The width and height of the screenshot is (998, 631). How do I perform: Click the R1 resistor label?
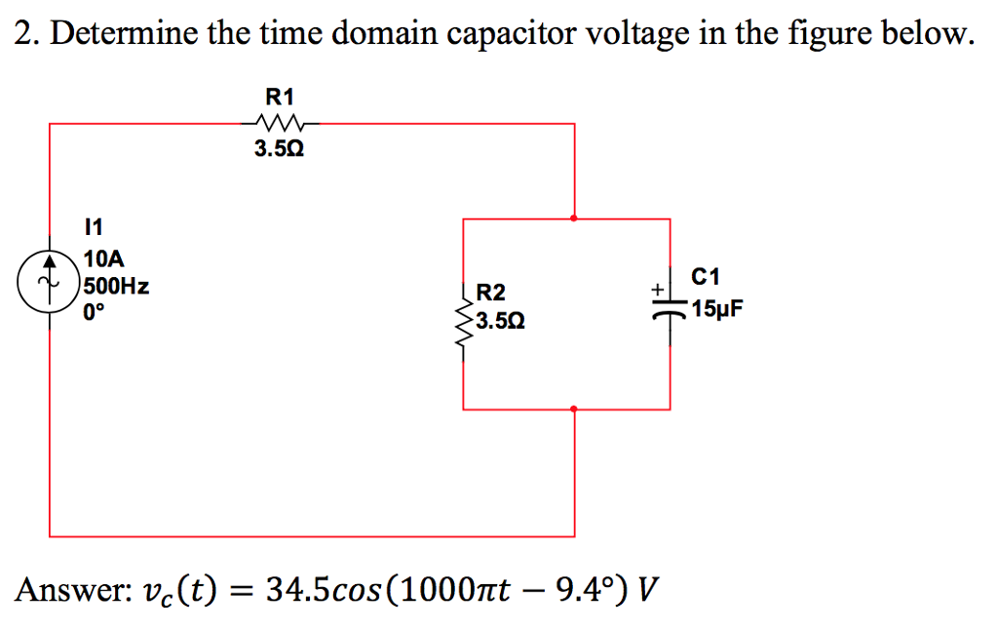pyautogui.click(x=280, y=97)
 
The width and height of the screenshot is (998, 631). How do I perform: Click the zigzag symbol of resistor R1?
pyautogui.click(x=280, y=124)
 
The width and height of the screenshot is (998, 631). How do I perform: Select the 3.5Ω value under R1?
pyautogui.click(x=280, y=150)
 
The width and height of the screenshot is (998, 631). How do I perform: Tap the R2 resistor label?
pyautogui.click(x=491, y=293)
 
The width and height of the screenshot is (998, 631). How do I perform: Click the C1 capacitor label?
pyautogui.click(x=704, y=278)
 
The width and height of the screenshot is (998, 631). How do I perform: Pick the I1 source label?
pyautogui.click(x=93, y=228)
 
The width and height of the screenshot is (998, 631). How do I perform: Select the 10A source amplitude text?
pyautogui.click(x=103, y=259)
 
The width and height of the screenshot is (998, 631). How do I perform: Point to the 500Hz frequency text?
pyautogui.click(x=115, y=287)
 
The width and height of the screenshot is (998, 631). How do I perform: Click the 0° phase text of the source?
pyautogui.click(x=94, y=313)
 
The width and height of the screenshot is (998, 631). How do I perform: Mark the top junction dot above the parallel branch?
pyautogui.click(x=573, y=218)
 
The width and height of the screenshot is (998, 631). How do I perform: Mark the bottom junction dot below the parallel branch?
pyautogui.click(x=573, y=409)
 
